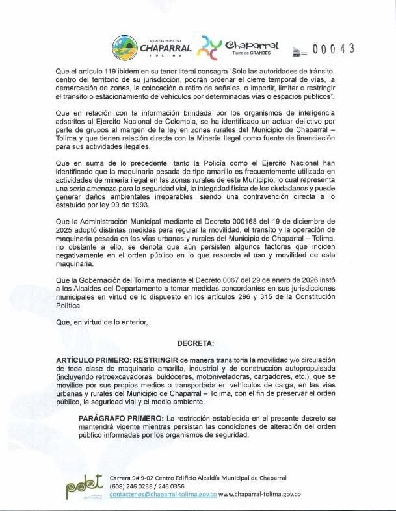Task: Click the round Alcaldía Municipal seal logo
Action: pos(124,47)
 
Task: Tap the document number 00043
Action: pos(334,49)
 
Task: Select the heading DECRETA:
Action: pos(197,342)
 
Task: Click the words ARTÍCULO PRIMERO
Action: pos(93,360)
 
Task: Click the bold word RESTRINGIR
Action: pos(157,360)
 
